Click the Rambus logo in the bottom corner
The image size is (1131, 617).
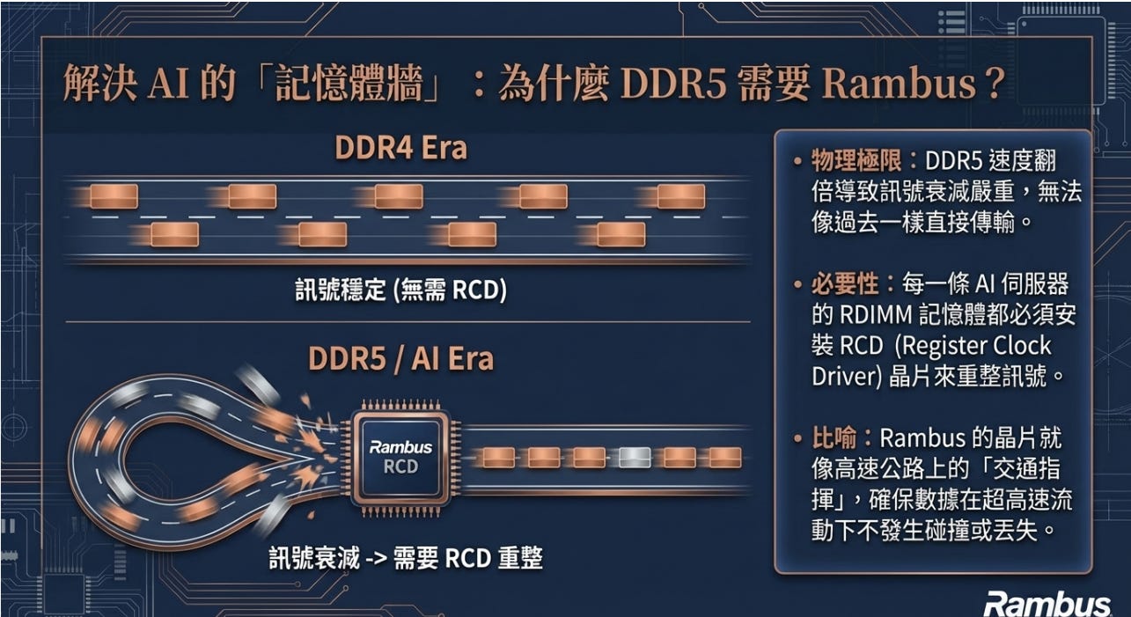coord(1047,604)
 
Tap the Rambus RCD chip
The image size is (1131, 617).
coord(400,456)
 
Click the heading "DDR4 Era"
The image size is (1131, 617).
coord(400,148)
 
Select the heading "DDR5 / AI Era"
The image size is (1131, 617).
coord(400,359)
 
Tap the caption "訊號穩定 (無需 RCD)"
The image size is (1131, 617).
coord(400,290)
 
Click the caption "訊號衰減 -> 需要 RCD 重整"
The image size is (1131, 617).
coord(406,558)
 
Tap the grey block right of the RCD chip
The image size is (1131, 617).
coord(635,457)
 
